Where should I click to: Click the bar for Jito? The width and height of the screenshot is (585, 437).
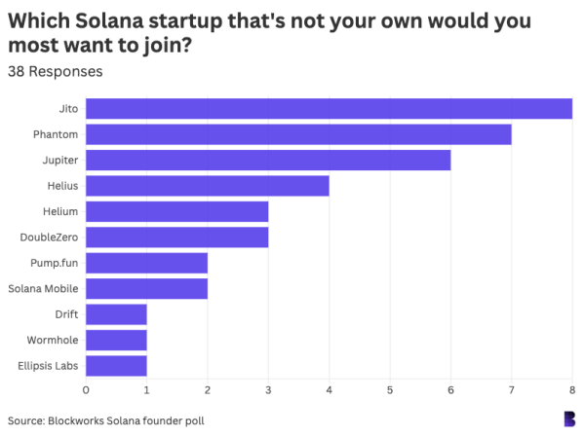(329, 108)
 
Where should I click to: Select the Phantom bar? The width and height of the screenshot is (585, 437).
(298, 134)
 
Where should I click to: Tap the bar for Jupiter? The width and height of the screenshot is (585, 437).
(268, 160)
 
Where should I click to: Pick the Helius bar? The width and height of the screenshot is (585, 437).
(208, 186)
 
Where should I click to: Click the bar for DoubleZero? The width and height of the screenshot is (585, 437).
(176, 237)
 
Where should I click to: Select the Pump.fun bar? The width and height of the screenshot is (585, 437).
(146, 263)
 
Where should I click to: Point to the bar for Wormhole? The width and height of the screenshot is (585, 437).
(116, 341)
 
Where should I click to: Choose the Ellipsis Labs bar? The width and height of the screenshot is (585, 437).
(116, 366)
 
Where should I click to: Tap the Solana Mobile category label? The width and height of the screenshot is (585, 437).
(43, 289)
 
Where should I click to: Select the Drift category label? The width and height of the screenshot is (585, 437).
(66, 314)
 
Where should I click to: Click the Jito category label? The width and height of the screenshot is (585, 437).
(68, 108)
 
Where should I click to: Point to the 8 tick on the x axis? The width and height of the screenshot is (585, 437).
(571, 390)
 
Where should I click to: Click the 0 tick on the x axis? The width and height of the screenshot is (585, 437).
(86, 390)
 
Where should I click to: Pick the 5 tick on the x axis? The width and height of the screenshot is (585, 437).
(390, 390)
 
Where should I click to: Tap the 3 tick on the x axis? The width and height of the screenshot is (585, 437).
(268, 390)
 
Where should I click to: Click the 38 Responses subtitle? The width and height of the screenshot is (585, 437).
(55, 71)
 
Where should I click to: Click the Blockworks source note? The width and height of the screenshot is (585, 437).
(106, 420)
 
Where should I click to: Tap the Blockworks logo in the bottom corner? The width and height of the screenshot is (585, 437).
(569, 419)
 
